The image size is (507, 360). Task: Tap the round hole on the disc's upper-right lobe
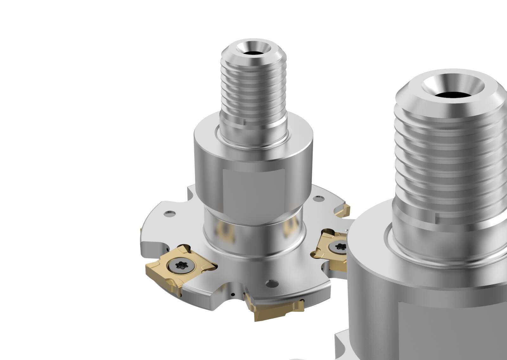[318, 199]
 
